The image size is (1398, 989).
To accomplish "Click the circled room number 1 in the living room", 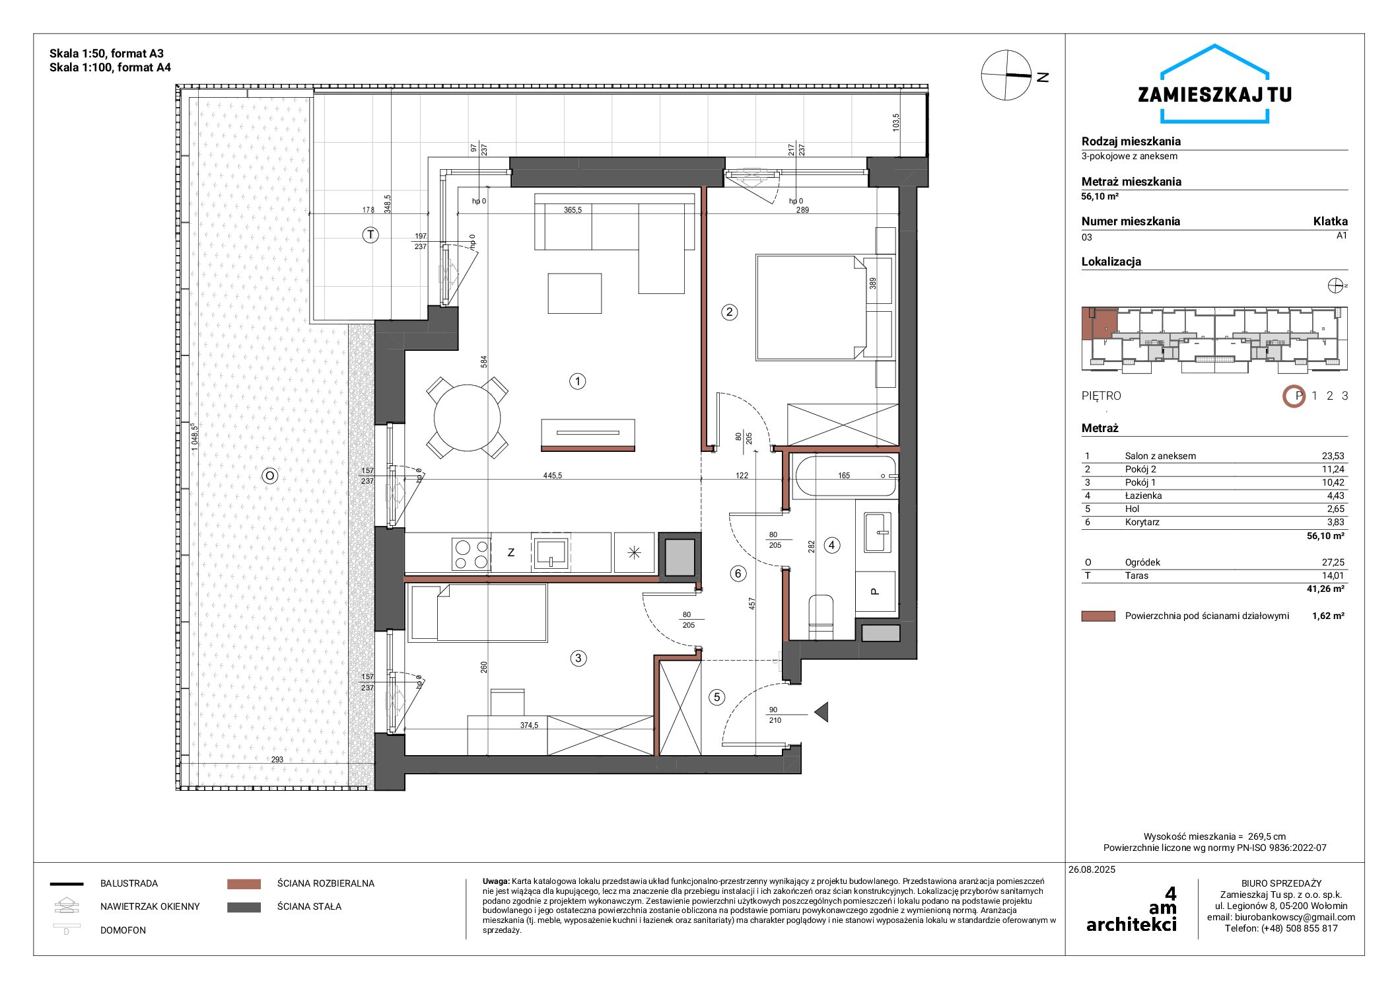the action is [578, 381].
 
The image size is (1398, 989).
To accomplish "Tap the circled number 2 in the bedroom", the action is [730, 312].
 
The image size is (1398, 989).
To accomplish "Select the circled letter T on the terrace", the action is [371, 235].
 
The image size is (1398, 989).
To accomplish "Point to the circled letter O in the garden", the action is [269, 476].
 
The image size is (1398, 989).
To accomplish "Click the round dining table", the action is [468, 418].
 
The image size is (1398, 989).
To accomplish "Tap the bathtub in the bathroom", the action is [846, 476].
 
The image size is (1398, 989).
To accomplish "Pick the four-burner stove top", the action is [471, 554].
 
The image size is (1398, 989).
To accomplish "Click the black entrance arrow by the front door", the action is [821, 712].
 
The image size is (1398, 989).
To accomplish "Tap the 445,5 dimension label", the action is [553, 476].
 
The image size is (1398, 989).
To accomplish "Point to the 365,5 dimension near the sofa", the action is [573, 210].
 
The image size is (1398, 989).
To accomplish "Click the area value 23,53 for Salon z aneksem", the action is [1333, 456].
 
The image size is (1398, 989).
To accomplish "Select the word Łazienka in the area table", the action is [1144, 495].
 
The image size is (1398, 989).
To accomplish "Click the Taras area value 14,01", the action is [1333, 575].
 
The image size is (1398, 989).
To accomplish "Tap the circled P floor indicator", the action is [1294, 396].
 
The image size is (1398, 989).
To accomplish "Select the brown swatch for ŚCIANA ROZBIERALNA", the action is [244, 884].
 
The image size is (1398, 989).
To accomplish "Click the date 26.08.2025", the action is [1092, 869].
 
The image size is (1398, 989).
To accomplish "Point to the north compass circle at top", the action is [1006, 75].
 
